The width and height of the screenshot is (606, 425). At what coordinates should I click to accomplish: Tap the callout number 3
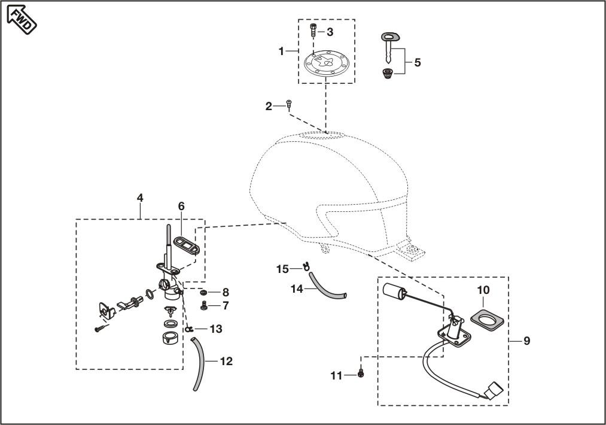330,32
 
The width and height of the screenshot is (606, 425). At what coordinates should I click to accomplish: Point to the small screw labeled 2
288,105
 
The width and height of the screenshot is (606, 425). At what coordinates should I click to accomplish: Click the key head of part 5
389,38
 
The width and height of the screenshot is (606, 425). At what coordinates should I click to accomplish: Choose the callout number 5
417,62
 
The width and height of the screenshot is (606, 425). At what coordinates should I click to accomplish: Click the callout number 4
139,197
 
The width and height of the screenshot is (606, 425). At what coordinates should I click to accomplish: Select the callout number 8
225,292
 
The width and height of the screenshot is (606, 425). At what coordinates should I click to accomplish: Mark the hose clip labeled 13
188,329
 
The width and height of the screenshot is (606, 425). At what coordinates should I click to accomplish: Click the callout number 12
226,361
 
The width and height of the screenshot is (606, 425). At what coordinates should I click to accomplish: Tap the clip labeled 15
306,266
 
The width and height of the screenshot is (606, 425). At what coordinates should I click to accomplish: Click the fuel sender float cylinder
394,292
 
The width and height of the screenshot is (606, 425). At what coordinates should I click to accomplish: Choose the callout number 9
526,341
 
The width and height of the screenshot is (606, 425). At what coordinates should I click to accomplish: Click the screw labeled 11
361,374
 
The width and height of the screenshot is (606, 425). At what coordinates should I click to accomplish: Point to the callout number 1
281,51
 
